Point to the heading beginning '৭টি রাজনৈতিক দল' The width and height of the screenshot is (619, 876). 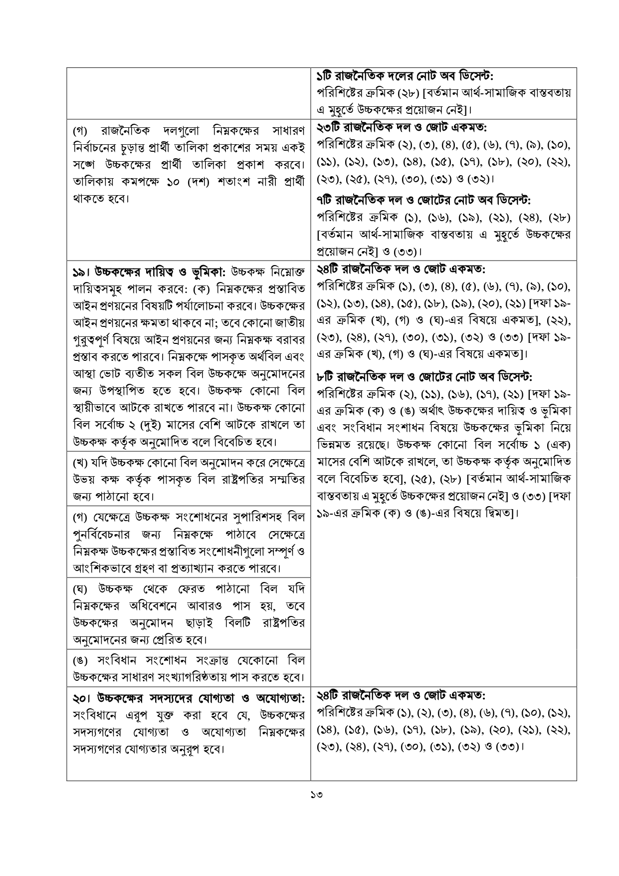(423, 200)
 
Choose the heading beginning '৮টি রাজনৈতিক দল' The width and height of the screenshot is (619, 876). (424, 375)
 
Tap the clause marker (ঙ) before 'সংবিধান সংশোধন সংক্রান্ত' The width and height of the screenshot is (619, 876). (80, 661)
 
